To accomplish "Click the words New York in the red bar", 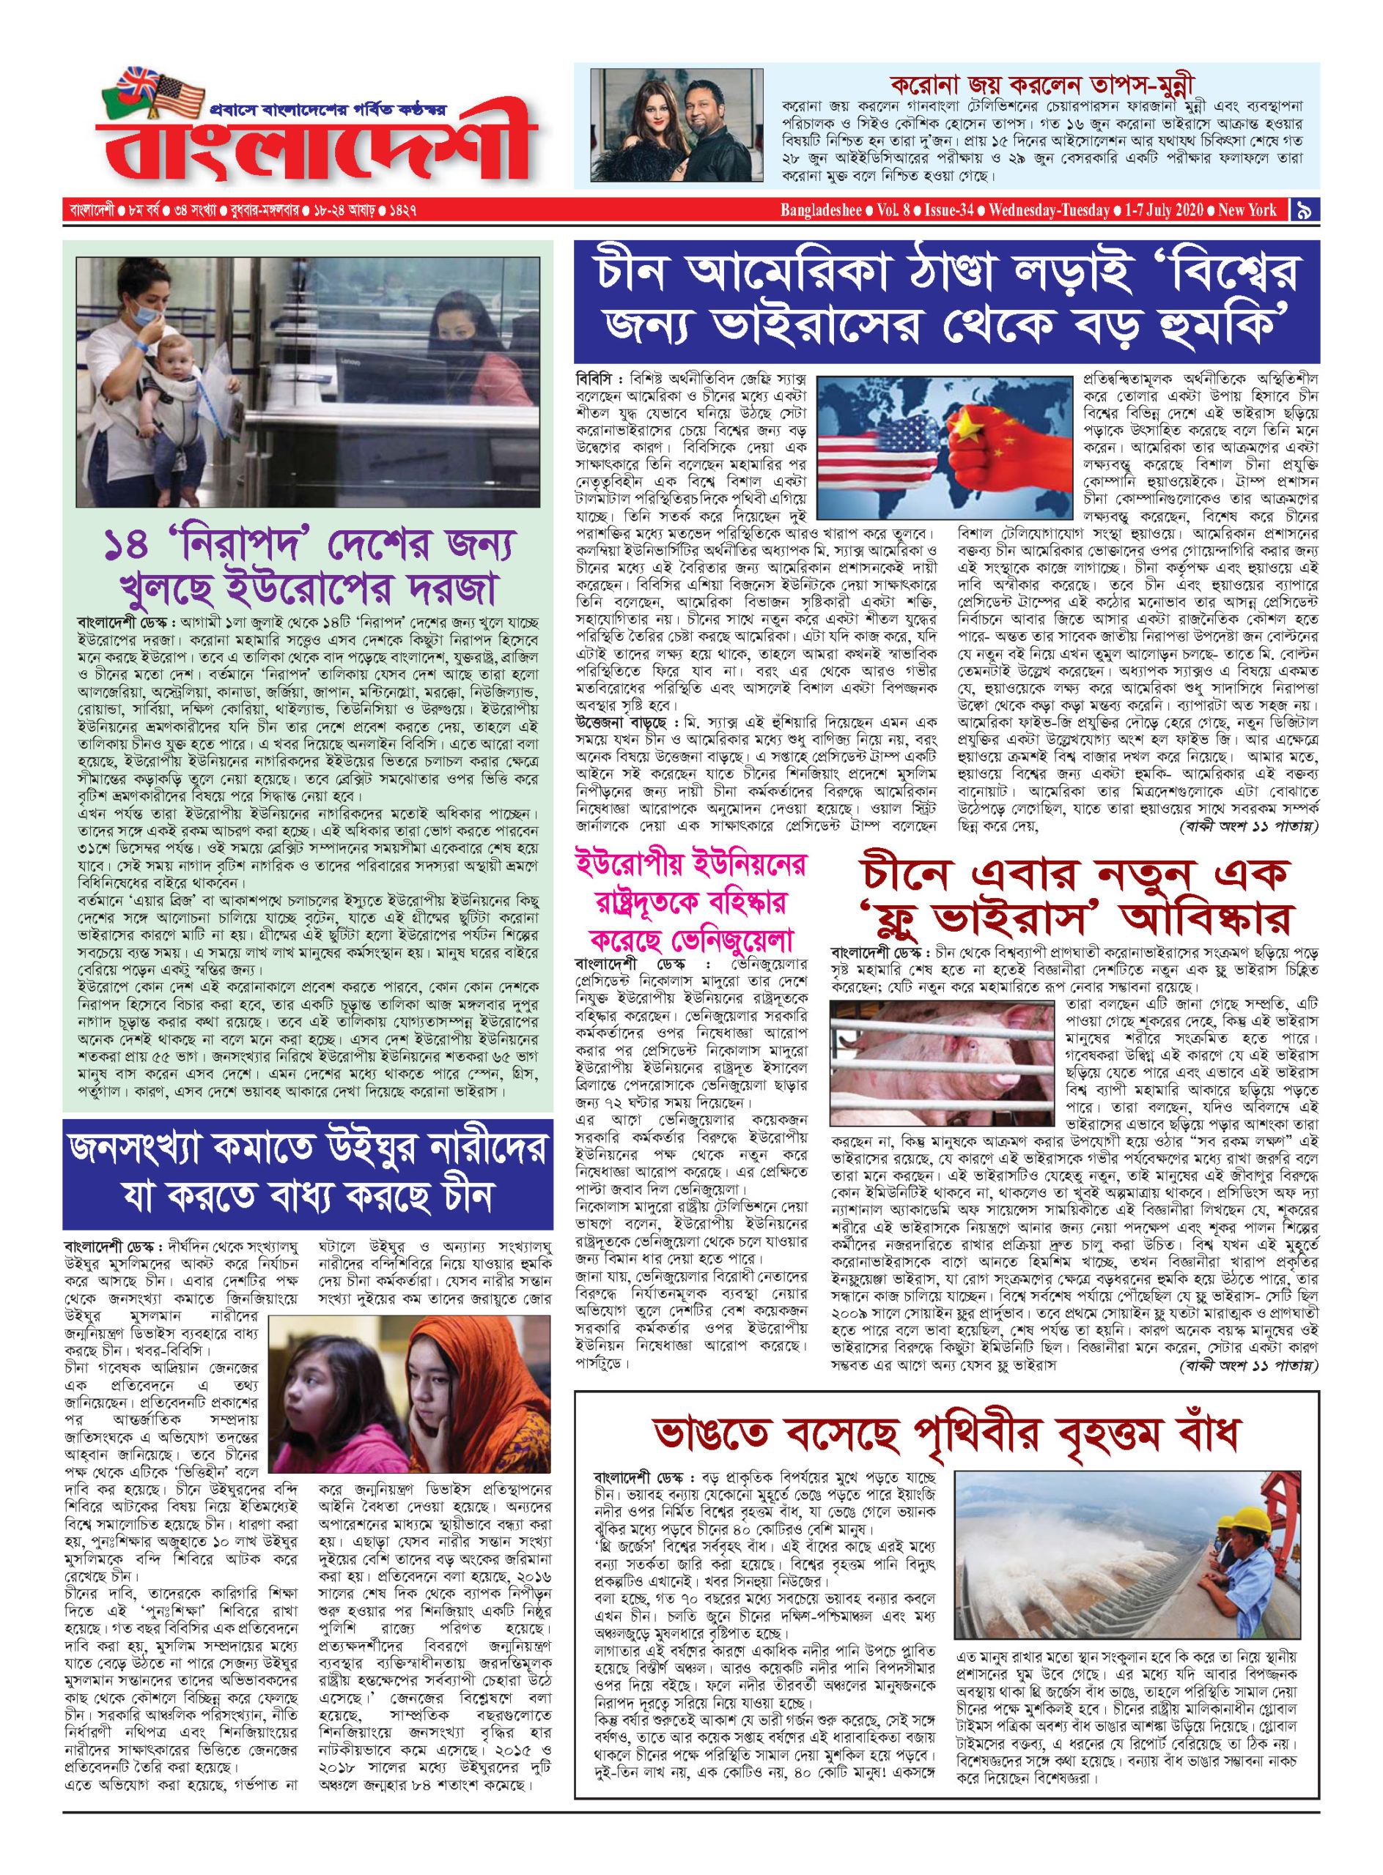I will click(1247, 210).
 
